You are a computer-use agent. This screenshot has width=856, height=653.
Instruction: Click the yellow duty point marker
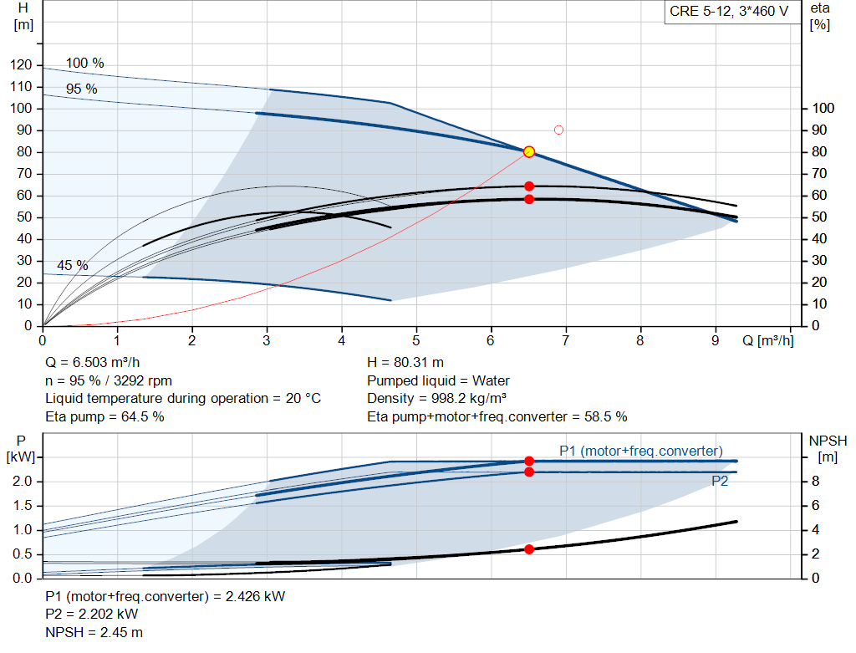pyautogui.click(x=529, y=151)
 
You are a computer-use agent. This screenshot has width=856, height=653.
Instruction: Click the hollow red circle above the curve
pyautogui.click(x=558, y=130)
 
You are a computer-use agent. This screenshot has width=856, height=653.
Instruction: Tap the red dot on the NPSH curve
pyautogui.click(x=529, y=548)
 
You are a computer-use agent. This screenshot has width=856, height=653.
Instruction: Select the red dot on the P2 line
pyautogui.click(x=529, y=472)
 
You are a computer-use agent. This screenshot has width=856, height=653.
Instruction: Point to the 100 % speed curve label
pyautogui.click(x=85, y=64)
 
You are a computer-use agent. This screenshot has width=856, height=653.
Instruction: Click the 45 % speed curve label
pyautogui.click(x=73, y=265)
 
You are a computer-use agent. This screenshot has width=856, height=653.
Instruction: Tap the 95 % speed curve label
pyautogui.click(x=82, y=89)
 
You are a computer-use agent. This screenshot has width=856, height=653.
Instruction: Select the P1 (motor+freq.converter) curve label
pyautogui.click(x=641, y=451)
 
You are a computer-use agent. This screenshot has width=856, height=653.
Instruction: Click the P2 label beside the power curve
pyautogui.click(x=720, y=481)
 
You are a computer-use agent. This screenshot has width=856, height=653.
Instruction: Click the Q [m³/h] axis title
pyautogui.click(x=767, y=340)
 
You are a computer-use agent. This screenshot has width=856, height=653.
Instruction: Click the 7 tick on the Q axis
pyautogui.click(x=566, y=340)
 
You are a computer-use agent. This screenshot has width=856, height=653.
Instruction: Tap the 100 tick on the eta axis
pyautogui.click(x=823, y=109)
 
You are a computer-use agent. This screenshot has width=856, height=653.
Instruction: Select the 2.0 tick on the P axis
pyautogui.click(x=23, y=482)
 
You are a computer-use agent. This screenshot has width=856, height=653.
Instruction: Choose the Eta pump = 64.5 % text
pyautogui.click(x=104, y=416)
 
